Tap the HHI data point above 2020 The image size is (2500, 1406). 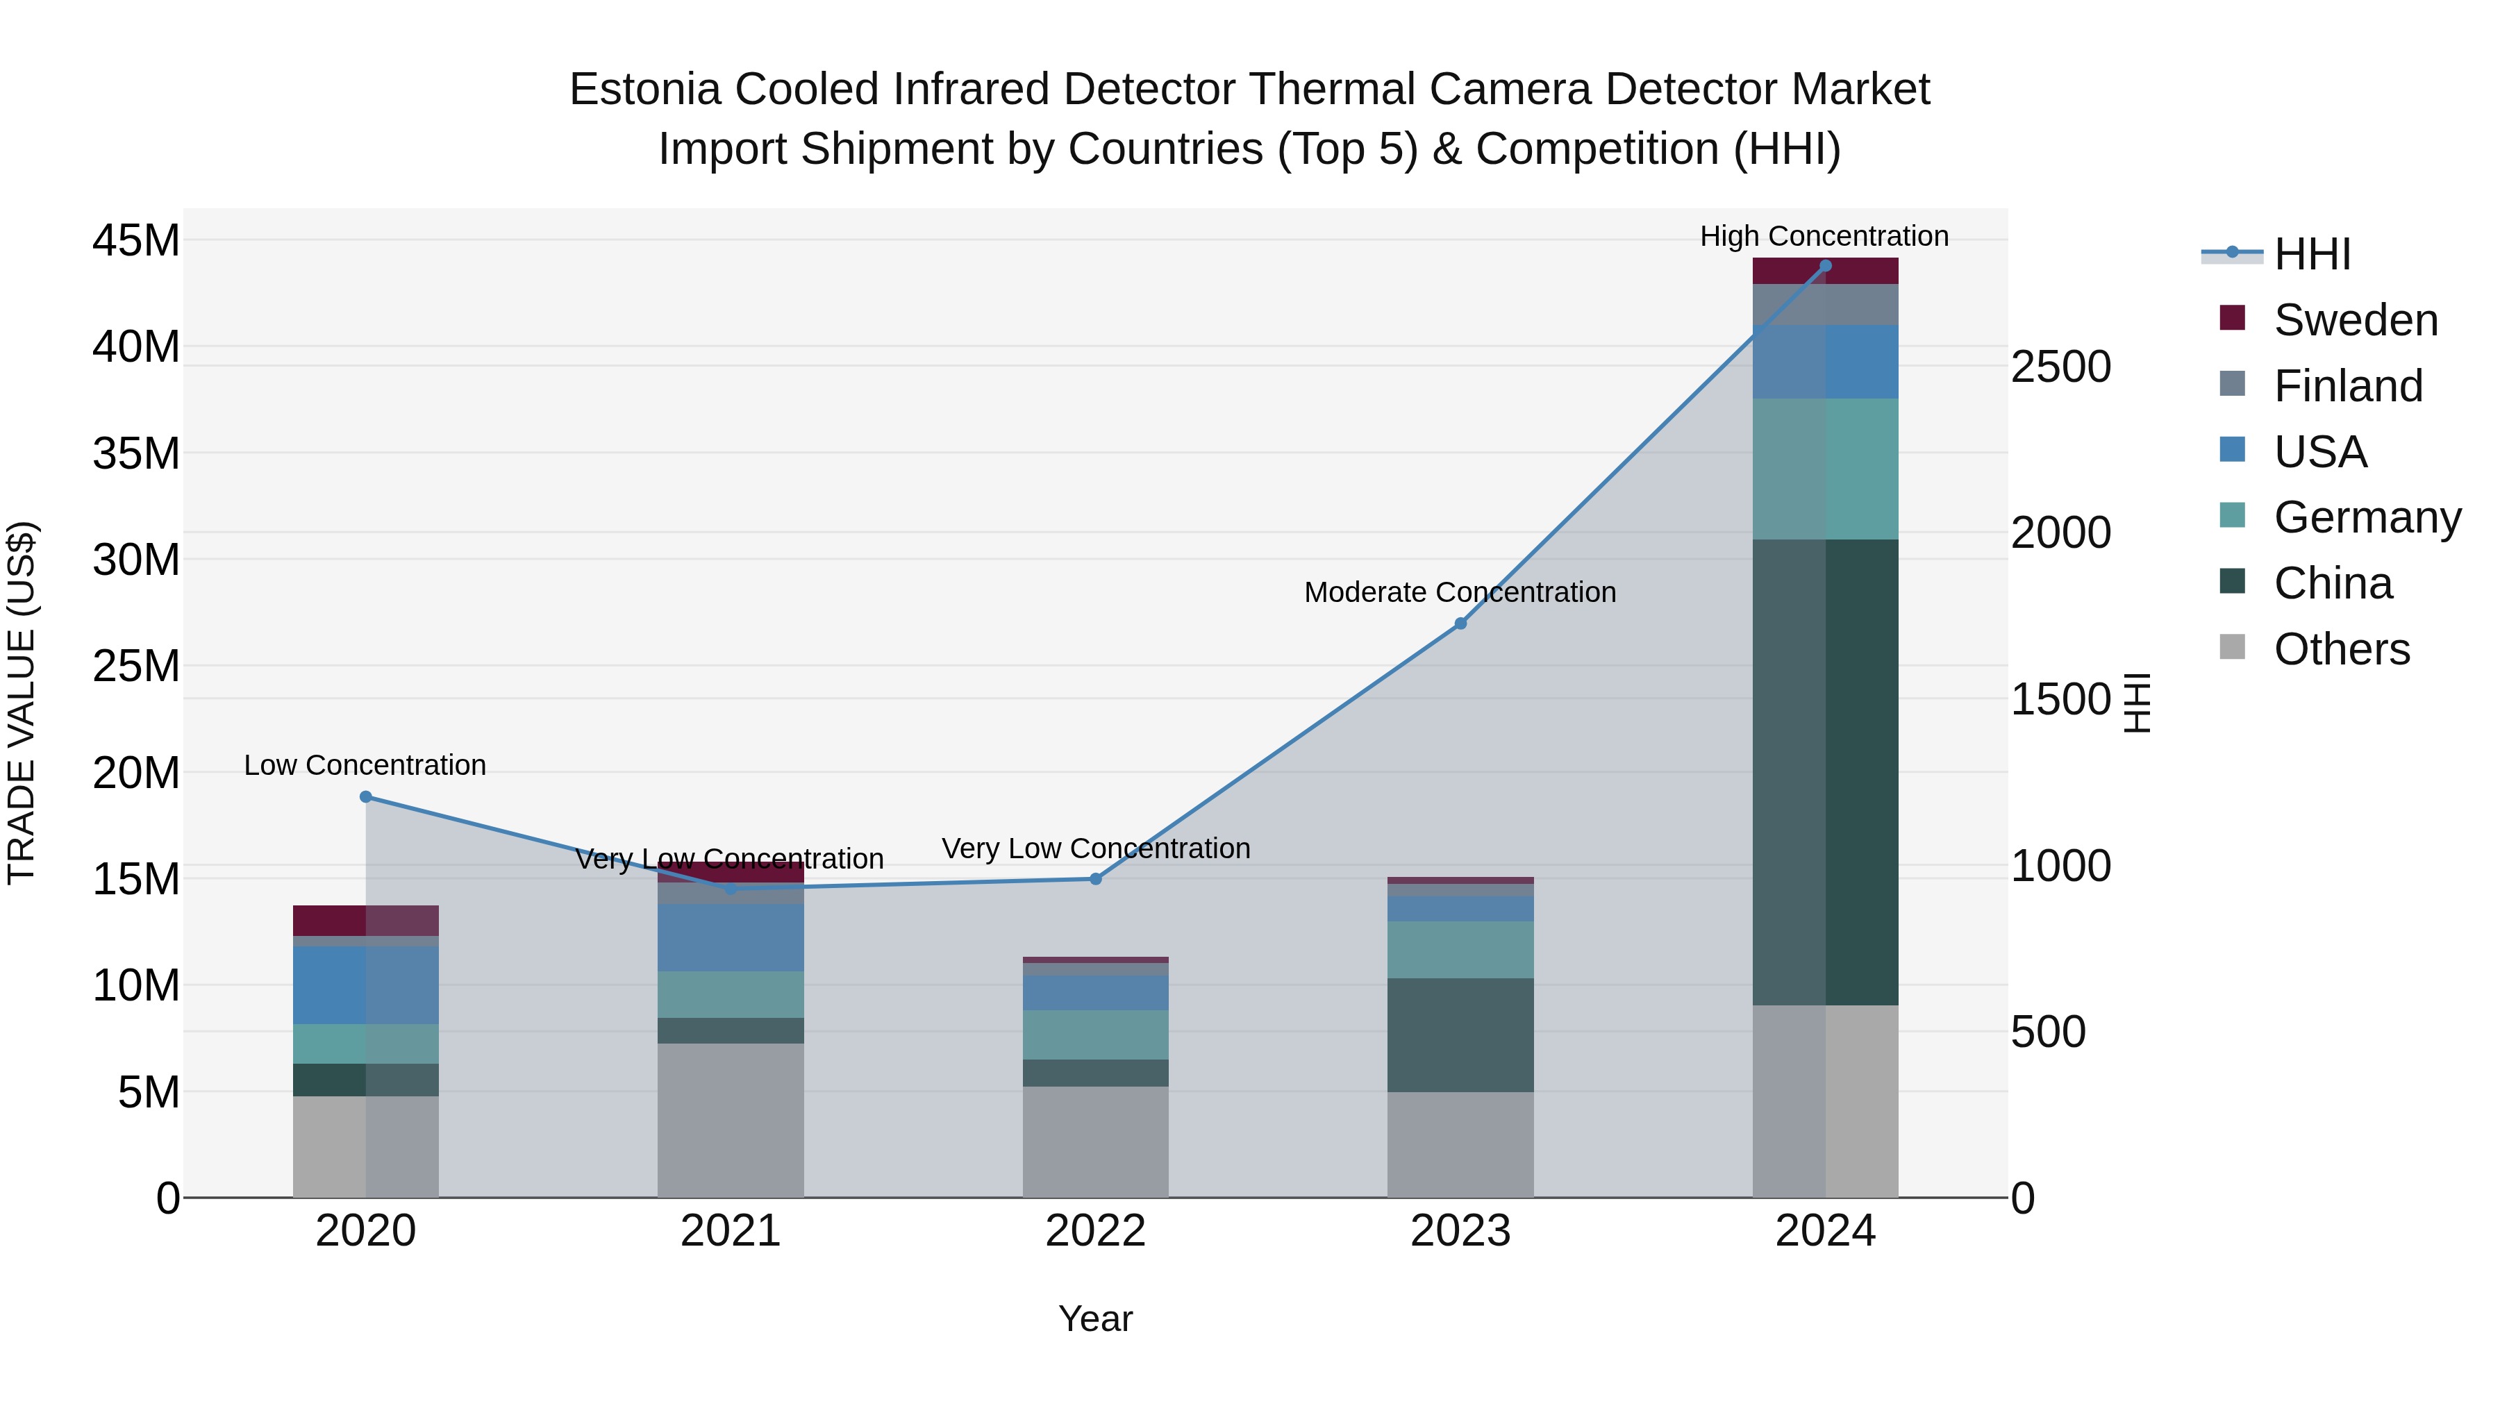(x=366, y=796)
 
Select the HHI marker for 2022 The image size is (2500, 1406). (x=1096, y=879)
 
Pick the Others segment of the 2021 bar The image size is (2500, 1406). (x=730, y=1120)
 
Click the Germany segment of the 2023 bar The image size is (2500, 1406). (x=1460, y=949)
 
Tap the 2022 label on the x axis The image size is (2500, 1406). (x=1096, y=1231)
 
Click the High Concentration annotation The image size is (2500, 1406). (x=1824, y=236)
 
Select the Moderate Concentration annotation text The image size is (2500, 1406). (x=1460, y=592)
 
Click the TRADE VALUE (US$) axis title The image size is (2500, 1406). (x=22, y=703)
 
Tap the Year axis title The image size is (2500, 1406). (x=1096, y=1319)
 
